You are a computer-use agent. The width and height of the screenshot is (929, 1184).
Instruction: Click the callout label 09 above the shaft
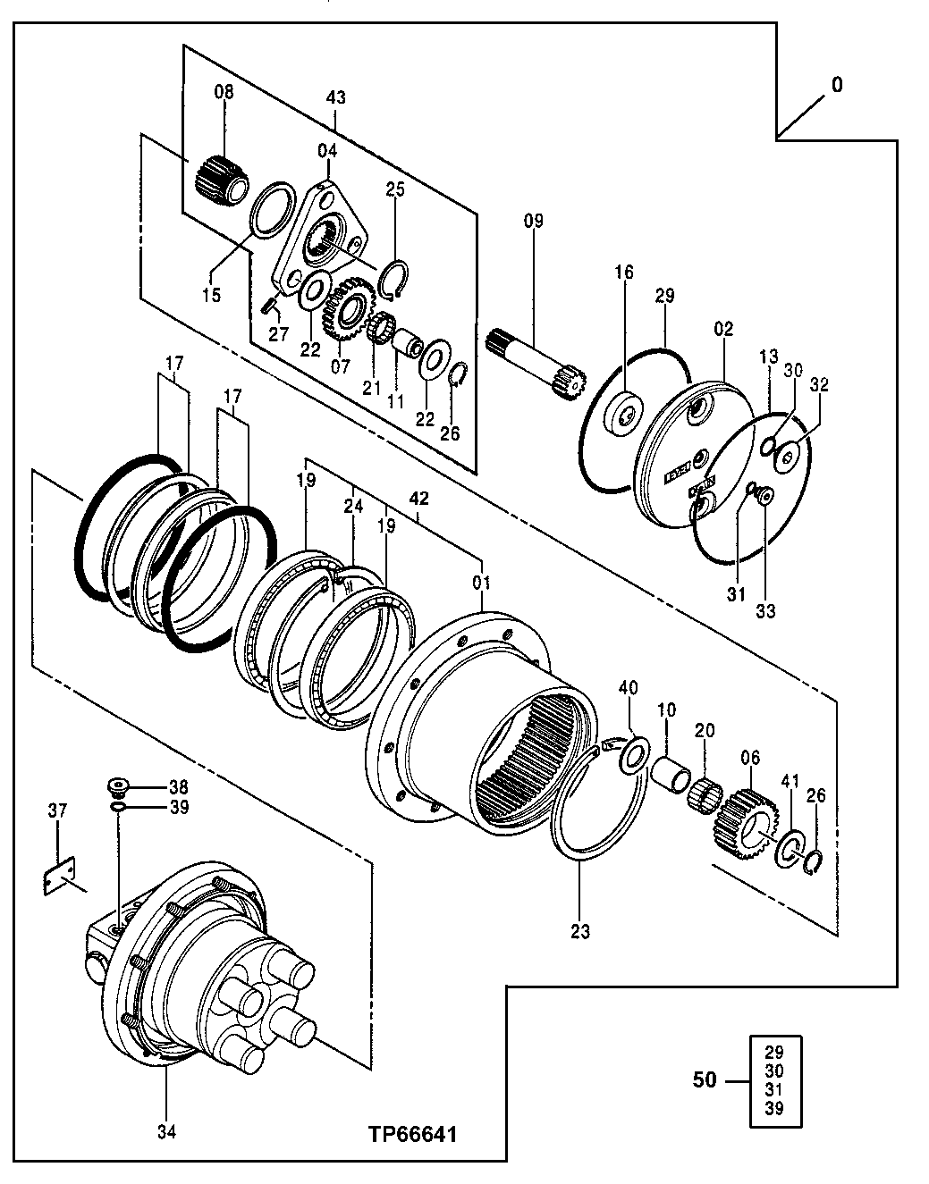[533, 221]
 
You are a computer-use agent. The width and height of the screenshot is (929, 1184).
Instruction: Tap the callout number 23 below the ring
[580, 932]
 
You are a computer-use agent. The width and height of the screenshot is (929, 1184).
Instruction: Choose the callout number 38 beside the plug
[179, 787]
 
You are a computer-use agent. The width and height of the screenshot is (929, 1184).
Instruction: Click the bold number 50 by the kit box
[705, 1080]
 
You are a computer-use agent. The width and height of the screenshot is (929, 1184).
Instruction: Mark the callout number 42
[418, 500]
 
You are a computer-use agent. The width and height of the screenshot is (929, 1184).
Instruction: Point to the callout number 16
[623, 272]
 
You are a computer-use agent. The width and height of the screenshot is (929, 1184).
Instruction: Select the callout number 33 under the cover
[765, 611]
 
